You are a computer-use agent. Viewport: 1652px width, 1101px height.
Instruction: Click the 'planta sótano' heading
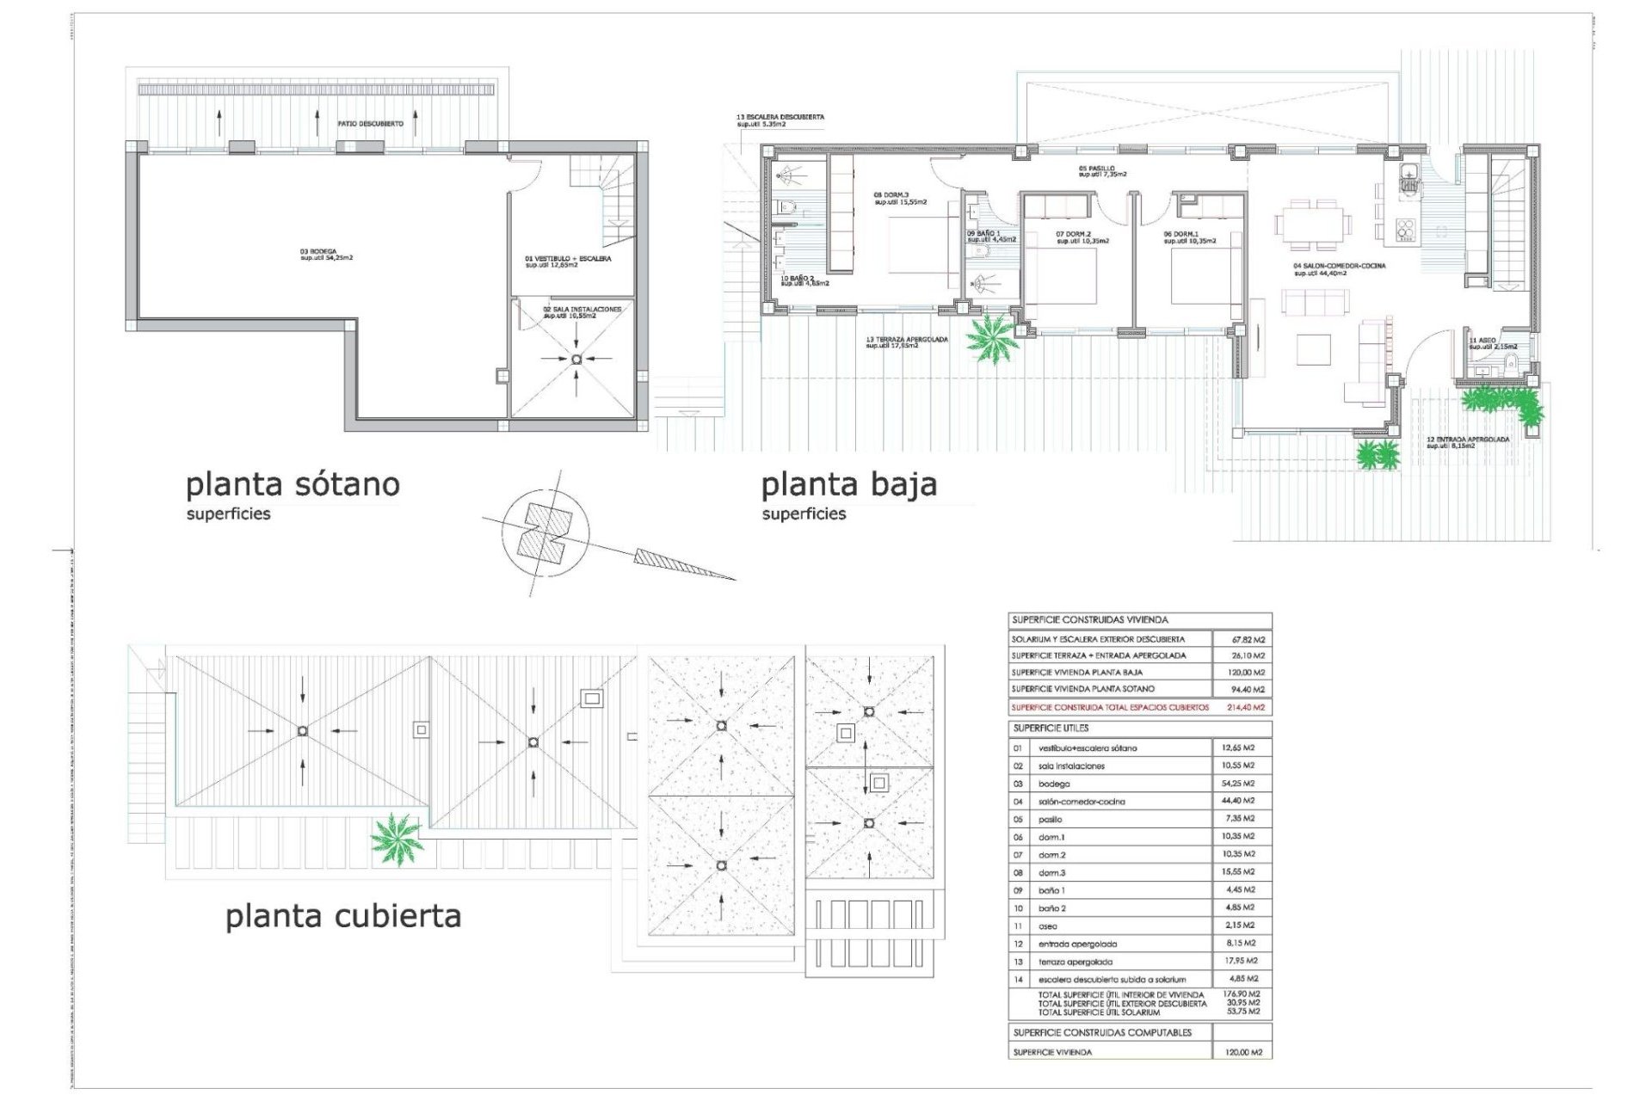point(293,484)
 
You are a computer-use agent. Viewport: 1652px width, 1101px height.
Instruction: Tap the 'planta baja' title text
point(848,485)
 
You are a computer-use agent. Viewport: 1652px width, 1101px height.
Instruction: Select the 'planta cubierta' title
point(343,916)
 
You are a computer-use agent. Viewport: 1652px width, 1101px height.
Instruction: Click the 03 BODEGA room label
point(326,254)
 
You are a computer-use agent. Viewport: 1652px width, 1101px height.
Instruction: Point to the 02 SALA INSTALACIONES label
point(582,311)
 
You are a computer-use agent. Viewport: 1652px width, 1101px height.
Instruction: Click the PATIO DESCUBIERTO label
point(370,124)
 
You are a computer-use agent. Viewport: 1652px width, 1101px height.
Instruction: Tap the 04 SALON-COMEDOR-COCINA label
point(1339,268)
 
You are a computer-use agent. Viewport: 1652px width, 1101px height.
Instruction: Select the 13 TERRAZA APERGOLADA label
point(907,341)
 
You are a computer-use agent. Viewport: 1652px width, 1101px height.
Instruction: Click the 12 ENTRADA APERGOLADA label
point(1468,442)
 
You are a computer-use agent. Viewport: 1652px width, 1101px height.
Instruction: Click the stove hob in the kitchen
point(1405,228)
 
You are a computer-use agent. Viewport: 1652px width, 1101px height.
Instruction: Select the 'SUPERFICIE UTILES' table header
point(1051,728)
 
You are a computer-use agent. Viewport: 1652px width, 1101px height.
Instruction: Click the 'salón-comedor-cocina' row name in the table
point(1081,802)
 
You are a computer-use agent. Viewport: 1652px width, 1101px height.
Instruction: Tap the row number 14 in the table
point(1018,979)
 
